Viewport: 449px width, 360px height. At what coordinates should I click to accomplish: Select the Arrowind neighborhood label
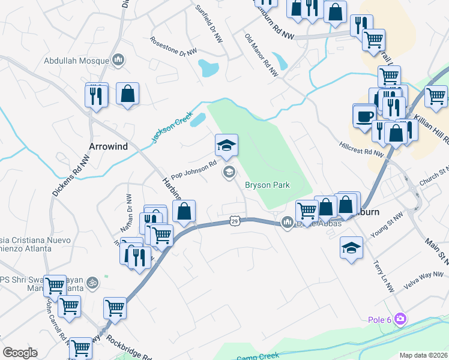109,146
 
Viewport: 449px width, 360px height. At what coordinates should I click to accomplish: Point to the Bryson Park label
267,185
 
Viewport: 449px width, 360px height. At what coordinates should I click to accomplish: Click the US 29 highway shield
235,221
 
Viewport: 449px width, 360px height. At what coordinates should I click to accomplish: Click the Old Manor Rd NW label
262,55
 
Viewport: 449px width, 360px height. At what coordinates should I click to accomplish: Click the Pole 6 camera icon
400,319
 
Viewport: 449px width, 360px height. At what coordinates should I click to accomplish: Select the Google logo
20,353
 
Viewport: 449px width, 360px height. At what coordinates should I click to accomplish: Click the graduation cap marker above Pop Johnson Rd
227,145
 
